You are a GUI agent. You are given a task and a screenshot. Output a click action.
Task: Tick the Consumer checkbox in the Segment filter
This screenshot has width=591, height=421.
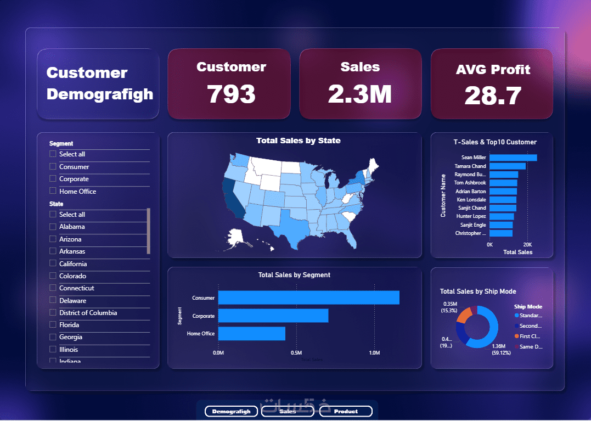tap(53, 166)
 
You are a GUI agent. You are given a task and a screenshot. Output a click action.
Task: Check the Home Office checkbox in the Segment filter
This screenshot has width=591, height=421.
tap(53, 191)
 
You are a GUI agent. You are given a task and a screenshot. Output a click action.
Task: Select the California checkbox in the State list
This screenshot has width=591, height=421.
tap(53, 263)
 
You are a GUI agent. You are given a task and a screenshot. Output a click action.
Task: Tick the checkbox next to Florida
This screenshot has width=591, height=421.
tap(53, 325)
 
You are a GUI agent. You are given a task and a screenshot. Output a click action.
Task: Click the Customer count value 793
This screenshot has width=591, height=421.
tap(231, 94)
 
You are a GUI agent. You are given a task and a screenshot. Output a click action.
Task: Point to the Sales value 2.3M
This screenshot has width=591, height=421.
tap(359, 94)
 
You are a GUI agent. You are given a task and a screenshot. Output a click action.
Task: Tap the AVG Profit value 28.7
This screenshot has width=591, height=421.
tap(492, 96)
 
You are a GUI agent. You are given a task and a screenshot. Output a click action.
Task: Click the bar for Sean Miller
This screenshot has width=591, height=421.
tap(513, 158)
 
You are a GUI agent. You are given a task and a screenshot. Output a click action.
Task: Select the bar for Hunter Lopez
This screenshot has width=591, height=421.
tap(502, 216)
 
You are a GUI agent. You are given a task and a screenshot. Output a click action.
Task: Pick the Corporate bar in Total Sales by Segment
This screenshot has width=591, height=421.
tap(273, 316)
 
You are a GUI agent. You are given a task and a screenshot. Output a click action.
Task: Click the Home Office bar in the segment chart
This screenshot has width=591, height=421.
tap(251, 333)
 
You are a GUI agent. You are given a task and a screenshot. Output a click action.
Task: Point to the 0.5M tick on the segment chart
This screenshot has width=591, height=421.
tap(296, 353)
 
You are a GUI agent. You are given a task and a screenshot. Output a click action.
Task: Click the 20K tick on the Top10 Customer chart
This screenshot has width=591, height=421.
tap(527, 244)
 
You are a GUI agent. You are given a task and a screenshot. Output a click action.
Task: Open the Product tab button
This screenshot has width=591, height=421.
tap(346, 411)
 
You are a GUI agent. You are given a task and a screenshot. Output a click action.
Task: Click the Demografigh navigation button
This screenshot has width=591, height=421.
tap(231, 411)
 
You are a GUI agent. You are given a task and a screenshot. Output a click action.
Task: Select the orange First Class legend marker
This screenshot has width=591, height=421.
tap(516, 336)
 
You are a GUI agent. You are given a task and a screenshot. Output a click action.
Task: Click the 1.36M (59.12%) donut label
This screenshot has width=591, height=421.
tap(501, 350)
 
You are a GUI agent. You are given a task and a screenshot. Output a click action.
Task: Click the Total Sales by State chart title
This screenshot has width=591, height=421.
tap(298, 141)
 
